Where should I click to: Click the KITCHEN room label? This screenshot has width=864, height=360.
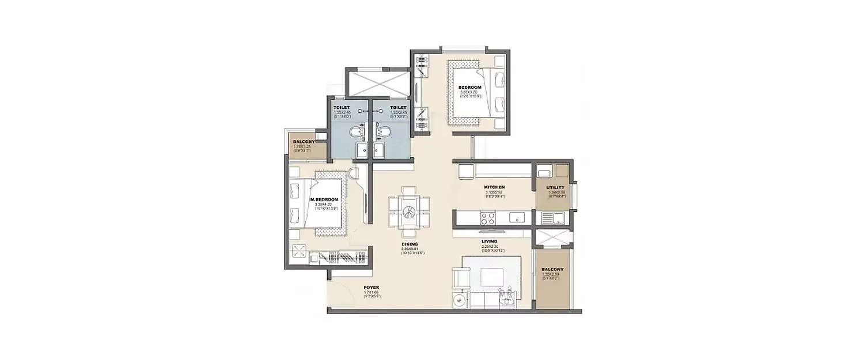[494, 187]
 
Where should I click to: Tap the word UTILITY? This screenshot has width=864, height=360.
[555, 188]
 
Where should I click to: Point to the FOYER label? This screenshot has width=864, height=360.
[371, 287]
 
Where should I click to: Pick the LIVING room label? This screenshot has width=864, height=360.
[489, 241]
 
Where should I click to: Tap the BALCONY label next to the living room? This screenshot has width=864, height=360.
[552, 269]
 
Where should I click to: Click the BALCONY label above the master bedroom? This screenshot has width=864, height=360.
[302, 142]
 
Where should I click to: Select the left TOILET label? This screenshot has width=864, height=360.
[341, 107]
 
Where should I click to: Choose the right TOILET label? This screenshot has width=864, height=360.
[398, 107]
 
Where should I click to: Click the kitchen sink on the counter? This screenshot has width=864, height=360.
[517, 218]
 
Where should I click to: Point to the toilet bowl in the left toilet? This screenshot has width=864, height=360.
[357, 133]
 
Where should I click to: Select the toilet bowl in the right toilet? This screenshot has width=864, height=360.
[382, 133]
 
